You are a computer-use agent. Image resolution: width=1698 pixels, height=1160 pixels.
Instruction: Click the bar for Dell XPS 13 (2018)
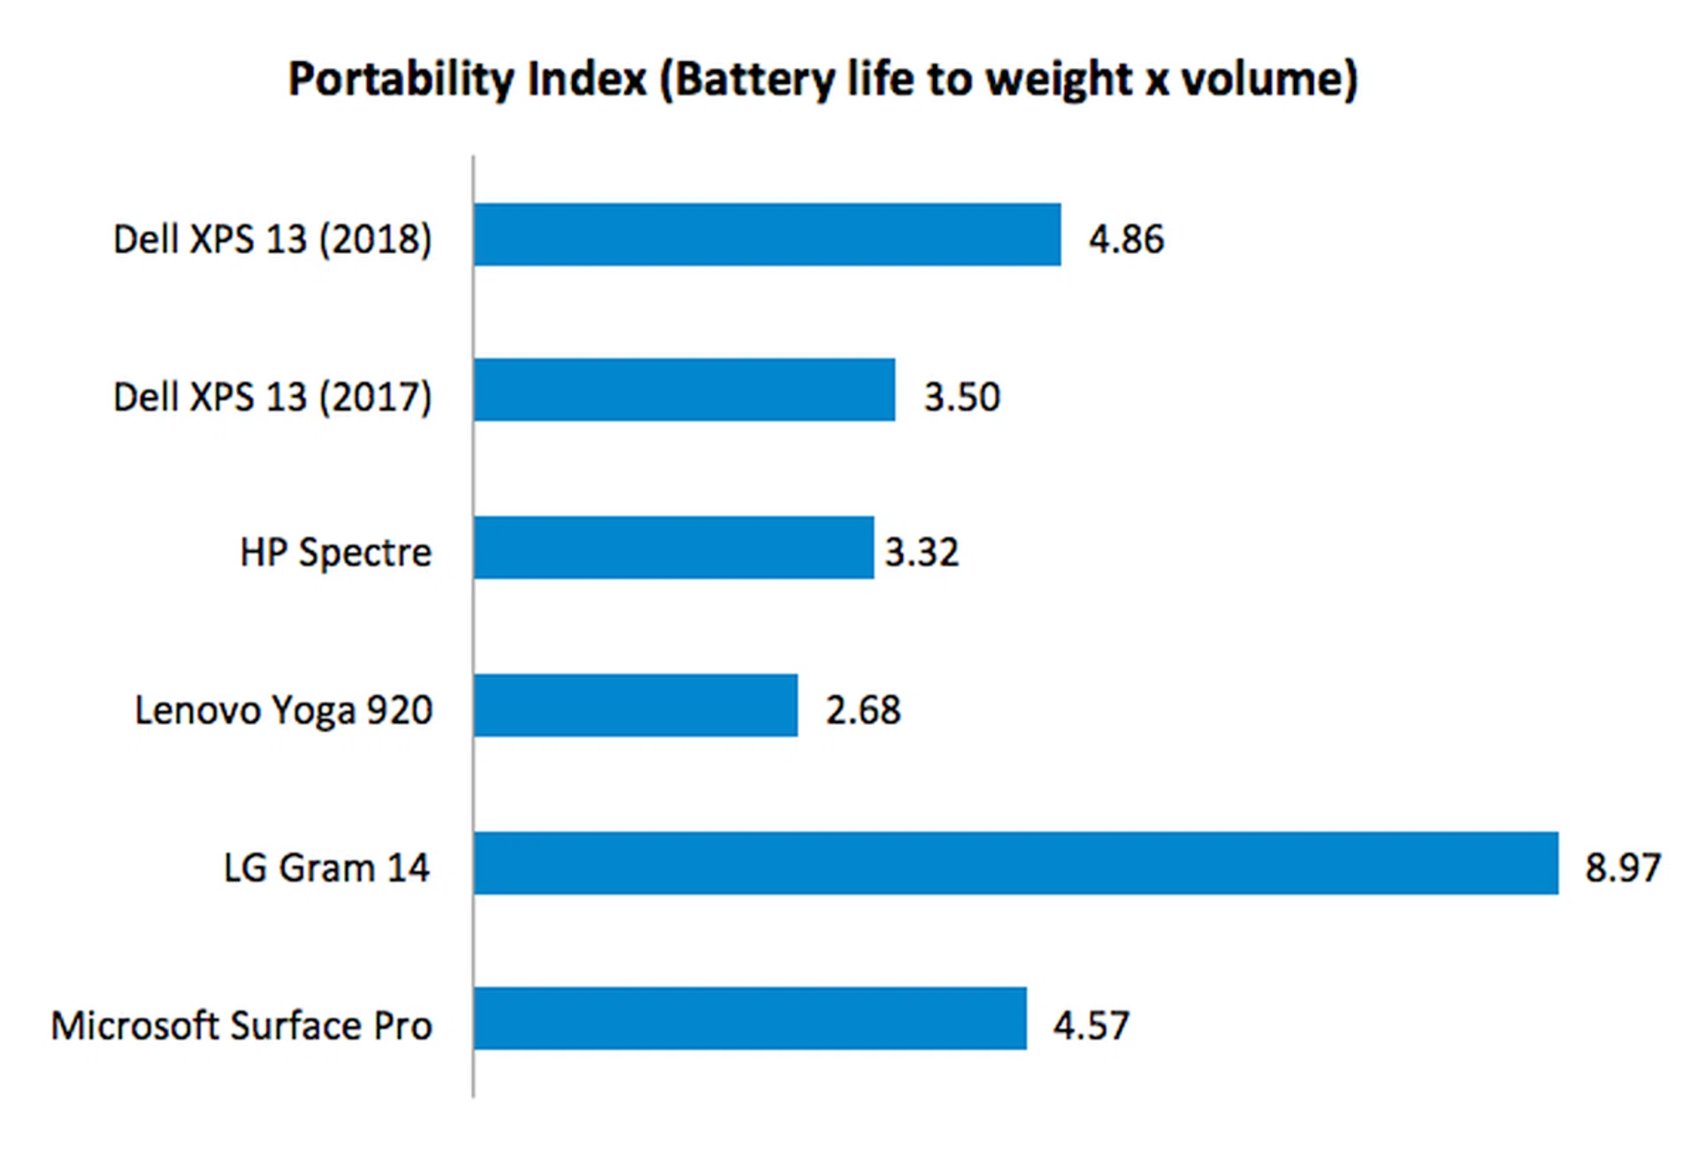767,234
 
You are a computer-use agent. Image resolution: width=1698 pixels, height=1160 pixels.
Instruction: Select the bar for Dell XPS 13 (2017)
684,390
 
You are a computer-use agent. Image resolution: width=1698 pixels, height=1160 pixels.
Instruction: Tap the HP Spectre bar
673,547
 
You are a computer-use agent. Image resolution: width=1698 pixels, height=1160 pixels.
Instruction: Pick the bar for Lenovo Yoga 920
635,705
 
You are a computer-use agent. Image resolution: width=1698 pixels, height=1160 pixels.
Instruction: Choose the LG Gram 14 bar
1015,863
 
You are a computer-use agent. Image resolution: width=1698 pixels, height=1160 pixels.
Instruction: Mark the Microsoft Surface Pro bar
750,1019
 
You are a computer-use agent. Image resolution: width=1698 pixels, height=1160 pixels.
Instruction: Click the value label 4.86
1126,240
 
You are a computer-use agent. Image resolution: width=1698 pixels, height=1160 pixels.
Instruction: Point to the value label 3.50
961,396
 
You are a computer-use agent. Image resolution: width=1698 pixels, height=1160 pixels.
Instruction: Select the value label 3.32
922,553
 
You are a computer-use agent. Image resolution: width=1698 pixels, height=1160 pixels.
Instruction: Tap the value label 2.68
863,710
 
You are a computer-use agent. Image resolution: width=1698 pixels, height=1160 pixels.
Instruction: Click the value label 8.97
1622,867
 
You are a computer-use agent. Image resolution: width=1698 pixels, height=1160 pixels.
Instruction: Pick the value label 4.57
1090,1026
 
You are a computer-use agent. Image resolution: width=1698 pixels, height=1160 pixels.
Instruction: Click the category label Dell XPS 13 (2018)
272,240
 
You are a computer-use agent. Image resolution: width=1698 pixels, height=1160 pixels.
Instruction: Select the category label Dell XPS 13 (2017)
272,396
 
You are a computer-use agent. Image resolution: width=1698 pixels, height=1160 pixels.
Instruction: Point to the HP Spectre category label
336,553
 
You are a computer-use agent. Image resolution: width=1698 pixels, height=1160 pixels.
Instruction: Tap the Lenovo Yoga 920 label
284,710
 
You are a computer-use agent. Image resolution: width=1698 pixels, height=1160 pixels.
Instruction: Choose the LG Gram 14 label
326,867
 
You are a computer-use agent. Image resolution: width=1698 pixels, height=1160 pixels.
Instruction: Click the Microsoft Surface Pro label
241,1026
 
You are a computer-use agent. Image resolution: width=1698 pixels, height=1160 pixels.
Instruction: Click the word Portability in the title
401,80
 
